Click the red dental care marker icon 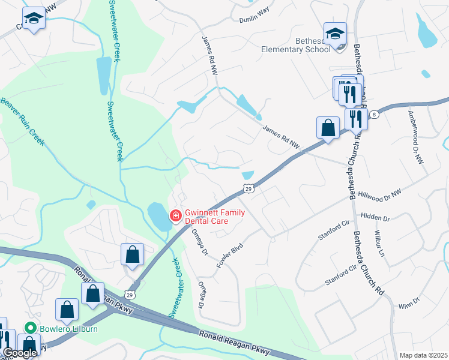175,215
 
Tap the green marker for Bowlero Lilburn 29,328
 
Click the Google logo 19,353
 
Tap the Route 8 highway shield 374,114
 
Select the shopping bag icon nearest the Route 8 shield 328,128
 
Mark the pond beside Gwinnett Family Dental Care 157,217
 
